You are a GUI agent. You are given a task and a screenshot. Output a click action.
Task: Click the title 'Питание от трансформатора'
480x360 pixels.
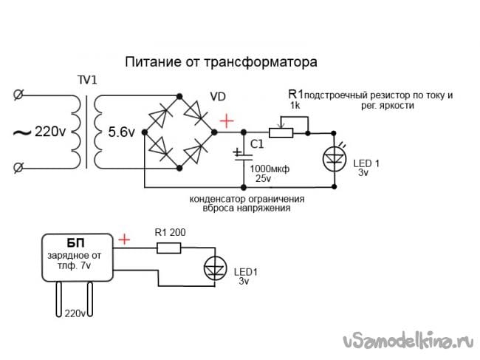[x=221, y=60]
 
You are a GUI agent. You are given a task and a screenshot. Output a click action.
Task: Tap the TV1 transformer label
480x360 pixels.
[x=87, y=80]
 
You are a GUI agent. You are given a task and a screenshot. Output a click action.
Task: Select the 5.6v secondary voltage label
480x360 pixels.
[x=121, y=132]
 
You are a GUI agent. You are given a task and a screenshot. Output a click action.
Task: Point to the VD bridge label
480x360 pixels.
[x=219, y=97]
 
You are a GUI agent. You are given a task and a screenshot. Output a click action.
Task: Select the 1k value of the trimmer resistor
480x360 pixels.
[x=294, y=106]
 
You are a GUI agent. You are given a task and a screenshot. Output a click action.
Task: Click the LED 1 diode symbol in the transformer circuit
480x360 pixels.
[x=335, y=157]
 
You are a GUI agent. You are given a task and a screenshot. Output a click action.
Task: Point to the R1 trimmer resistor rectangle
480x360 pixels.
[x=281, y=133]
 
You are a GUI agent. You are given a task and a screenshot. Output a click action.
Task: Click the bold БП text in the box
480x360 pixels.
[x=76, y=244]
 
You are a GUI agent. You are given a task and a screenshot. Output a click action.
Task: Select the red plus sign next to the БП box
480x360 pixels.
[x=125, y=239]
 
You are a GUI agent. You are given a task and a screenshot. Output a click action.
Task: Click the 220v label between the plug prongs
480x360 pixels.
[x=75, y=314]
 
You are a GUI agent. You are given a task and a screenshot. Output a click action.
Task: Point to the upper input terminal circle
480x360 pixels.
[x=18, y=95]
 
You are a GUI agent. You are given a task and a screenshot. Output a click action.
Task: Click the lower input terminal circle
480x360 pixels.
[x=18, y=169]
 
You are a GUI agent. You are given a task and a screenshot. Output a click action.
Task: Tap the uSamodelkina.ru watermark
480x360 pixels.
[x=406, y=342]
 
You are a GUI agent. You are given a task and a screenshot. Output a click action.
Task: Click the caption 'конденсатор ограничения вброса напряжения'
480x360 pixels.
[x=247, y=204]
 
